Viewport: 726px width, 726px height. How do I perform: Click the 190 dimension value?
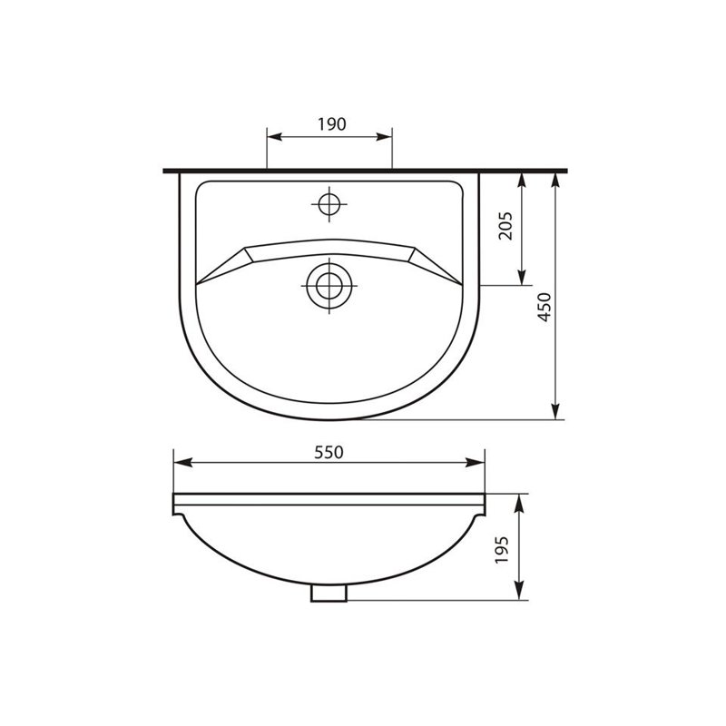pyautogui.click(x=331, y=125)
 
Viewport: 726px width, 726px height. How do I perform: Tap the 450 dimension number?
pyautogui.click(x=544, y=309)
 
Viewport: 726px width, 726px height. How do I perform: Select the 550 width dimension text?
pyautogui.click(x=329, y=452)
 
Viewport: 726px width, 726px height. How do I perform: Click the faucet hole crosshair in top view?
pyautogui.click(x=328, y=203)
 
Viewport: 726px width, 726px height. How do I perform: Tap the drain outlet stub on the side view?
pyautogui.click(x=329, y=593)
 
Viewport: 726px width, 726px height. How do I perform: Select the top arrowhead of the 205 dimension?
pyautogui.click(x=522, y=179)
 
